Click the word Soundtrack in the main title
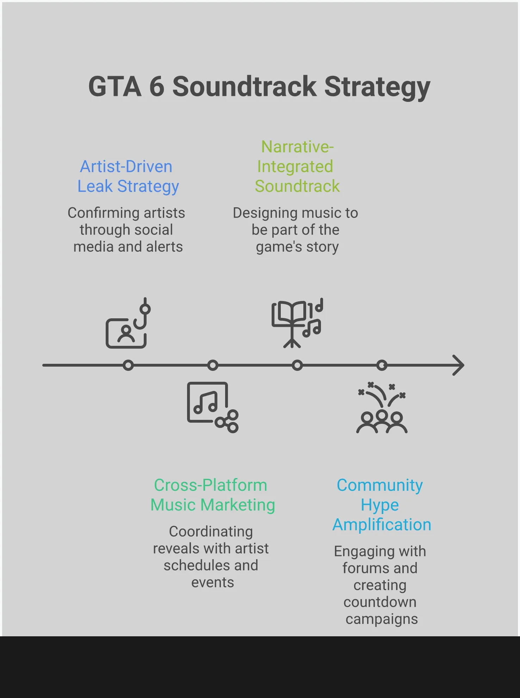click(x=244, y=87)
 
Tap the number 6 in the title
click(x=157, y=87)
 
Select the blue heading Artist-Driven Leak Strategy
click(x=128, y=176)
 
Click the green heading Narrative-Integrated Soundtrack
click(x=297, y=166)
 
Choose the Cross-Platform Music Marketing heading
click(x=212, y=495)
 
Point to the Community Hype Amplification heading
click(x=381, y=505)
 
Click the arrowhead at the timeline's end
click(x=459, y=365)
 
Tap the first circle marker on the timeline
click(x=128, y=365)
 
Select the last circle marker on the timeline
click(x=382, y=365)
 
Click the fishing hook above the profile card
click(x=143, y=314)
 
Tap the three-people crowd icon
click(x=382, y=421)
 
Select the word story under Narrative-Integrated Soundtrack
click(x=322, y=247)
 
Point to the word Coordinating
click(x=211, y=532)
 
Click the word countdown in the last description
click(x=380, y=602)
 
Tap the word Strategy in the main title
click(x=377, y=87)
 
